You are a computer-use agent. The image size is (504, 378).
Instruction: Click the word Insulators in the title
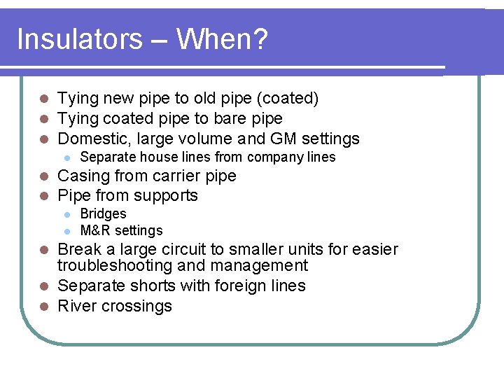pos(78,39)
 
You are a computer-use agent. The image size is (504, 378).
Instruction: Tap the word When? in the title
pos(222,39)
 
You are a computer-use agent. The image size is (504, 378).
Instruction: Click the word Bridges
pos(104,213)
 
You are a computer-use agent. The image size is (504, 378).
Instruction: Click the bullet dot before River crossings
pos(43,307)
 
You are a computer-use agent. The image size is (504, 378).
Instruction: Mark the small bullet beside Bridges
pos(66,214)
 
